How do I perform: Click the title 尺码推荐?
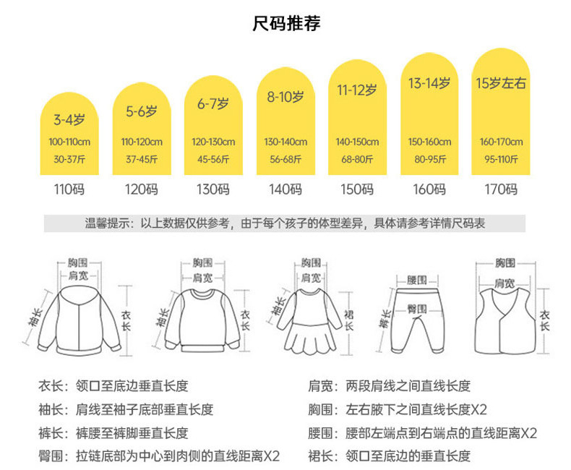pyautogui.click(x=285, y=24)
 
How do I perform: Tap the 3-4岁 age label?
pyautogui.click(x=69, y=119)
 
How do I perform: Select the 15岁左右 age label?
pyautogui.click(x=501, y=83)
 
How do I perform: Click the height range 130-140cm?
pyautogui.click(x=285, y=142)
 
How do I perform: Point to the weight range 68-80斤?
pyautogui.click(x=357, y=158)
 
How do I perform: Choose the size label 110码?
pyautogui.click(x=69, y=190)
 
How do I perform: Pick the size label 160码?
pyautogui.click(x=429, y=190)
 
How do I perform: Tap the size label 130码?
pyautogui.click(x=213, y=190)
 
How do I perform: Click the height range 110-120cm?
pyautogui.click(x=142, y=142)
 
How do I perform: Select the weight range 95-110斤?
pyautogui.click(x=501, y=158)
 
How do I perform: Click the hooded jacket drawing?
pyautogui.click(x=79, y=318)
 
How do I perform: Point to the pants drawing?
pyautogui.click(x=416, y=318)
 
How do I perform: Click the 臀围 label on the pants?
pyautogui.click(x=416, y=308)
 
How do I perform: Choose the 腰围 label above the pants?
pyautogui.click(x=416, y=280)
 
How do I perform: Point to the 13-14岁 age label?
pyautogui.click(x=429, y=83)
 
